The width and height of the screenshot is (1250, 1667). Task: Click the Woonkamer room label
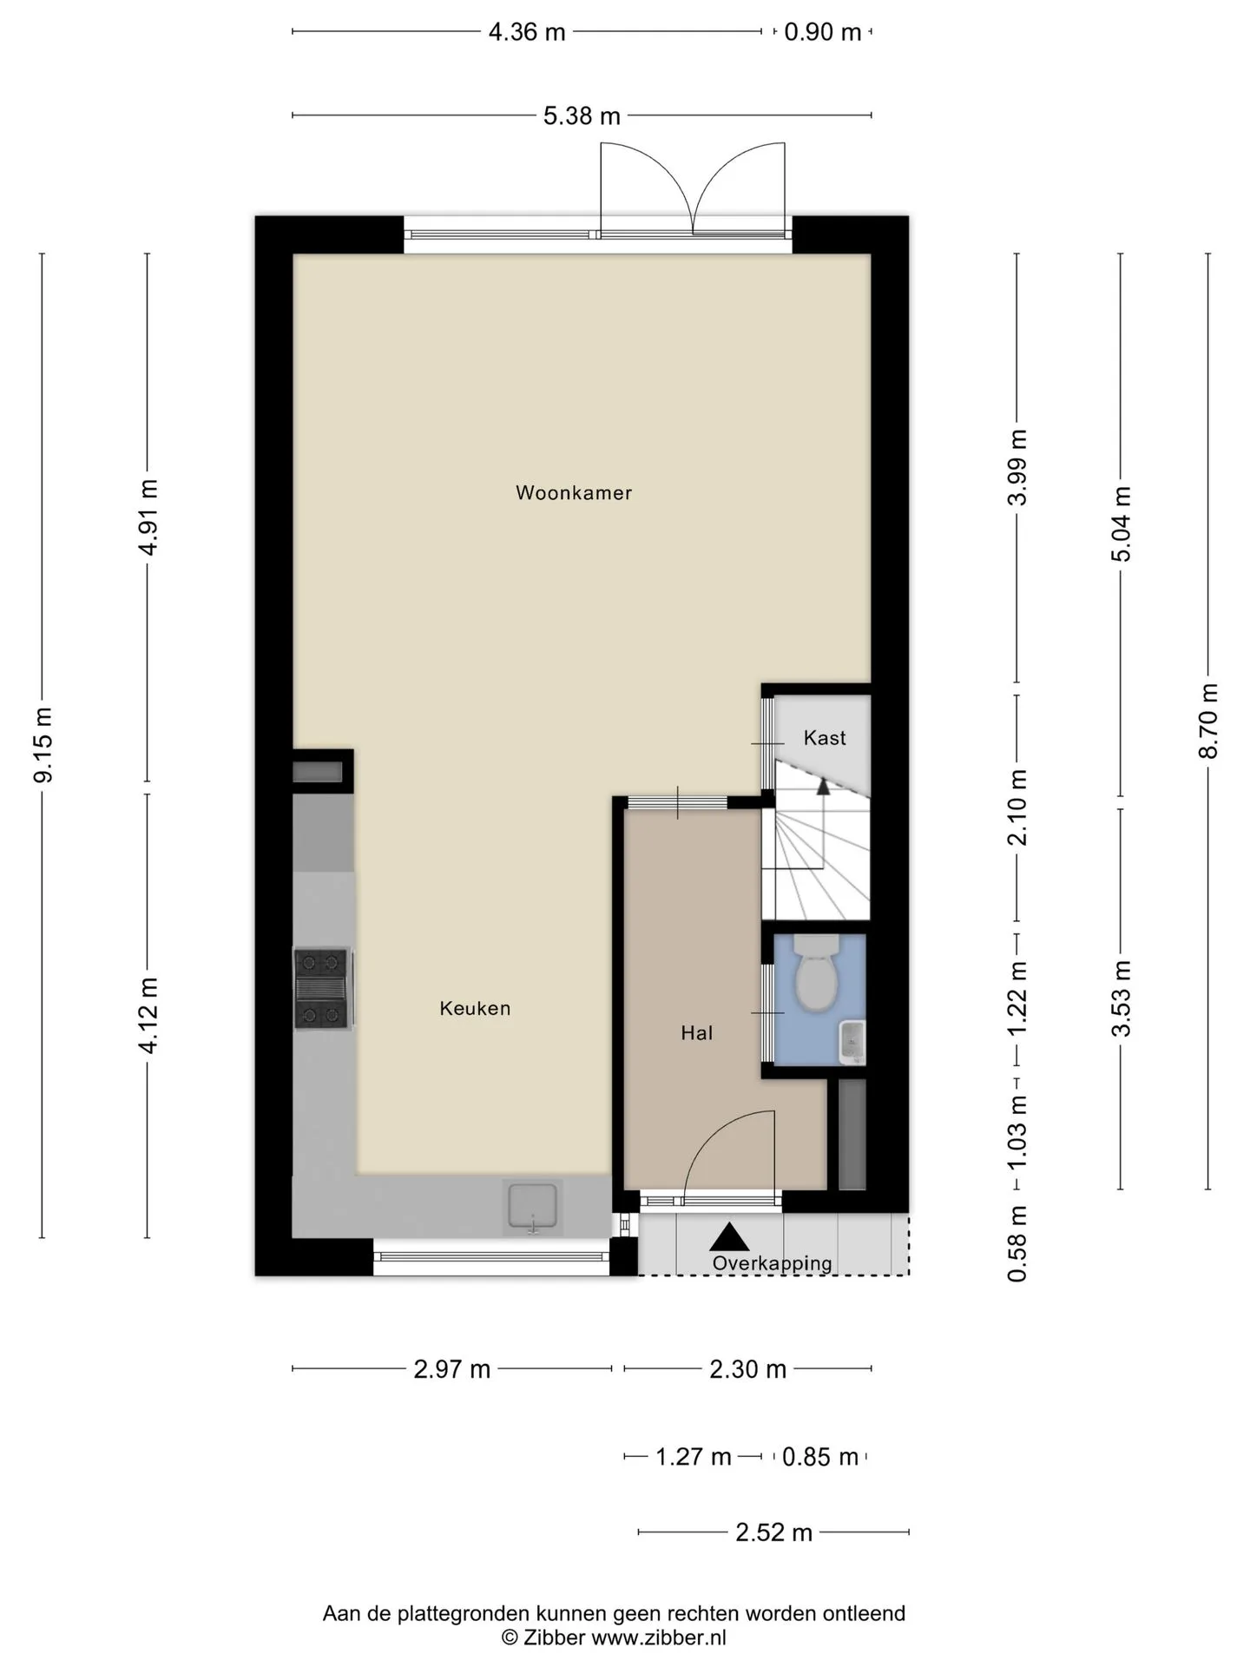[x=574, y=493]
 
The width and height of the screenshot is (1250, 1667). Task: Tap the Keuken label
[x=475, y=1008]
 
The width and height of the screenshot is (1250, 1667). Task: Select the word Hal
[x=697, y=1032]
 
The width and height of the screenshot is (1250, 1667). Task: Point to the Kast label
[x=825, y=738]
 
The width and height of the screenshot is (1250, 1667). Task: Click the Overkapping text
[x=772, y=1263]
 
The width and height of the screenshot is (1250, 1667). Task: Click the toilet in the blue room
[x=816, y=972]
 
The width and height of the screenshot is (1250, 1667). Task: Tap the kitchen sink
[x=533, y=1207]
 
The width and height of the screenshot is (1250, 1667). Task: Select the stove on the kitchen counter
[x=323, y=989]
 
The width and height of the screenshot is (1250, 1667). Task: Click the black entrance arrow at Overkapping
[x=729, y=1236]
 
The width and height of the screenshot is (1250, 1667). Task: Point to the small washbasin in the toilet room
[x=852, y=1042]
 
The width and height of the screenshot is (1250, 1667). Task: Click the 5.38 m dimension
[x=582, y=115]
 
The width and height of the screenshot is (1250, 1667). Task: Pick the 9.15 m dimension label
[x=43, y=745]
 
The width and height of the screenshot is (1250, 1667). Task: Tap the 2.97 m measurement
[x=452, y=1369]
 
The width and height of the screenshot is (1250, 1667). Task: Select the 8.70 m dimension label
[x=1208, y=721]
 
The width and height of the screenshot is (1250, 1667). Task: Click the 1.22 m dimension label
[x=1016, y=998]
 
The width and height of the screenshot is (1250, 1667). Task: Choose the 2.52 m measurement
[x=774, y=1532]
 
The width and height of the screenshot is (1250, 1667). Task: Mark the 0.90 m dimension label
[x=823, y=32]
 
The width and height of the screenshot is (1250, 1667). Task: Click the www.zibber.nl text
[x=659, y=1638]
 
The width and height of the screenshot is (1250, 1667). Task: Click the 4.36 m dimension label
[x=527, y=32]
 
